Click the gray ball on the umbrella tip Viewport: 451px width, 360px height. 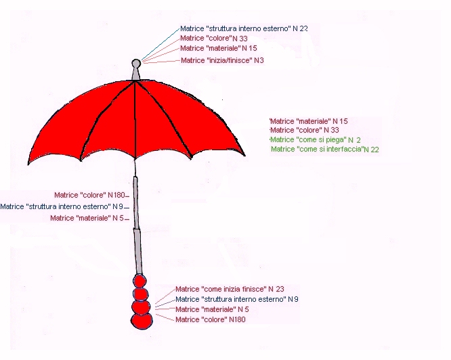pos(136,63)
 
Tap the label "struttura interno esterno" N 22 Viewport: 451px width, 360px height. pos(244,28)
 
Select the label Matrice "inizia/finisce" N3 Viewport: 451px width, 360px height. pos(222,60)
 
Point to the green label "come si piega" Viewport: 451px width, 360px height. pos(316,140)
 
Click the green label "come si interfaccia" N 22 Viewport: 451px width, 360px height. pos(325,149)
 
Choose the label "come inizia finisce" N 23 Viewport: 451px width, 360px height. pos(230,289)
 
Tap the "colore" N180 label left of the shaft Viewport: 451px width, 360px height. pos(89,195)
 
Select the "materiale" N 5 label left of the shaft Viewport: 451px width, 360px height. pos(87,218)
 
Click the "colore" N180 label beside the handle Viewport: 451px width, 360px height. pos(210,319)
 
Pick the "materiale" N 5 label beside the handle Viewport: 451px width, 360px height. pos(212,309)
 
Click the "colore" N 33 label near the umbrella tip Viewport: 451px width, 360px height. pos(214,38)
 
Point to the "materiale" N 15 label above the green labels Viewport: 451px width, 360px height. pos(309,121)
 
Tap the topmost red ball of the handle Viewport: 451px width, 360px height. pos(139,281)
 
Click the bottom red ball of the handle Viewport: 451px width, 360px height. pos(142,321)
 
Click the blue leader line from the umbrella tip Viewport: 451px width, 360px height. pos(160,44)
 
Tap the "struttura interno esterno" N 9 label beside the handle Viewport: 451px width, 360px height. pos(237,299)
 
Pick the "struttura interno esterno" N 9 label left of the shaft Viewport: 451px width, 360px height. pos(62,206)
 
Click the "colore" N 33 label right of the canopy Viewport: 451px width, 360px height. pos(305,130)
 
